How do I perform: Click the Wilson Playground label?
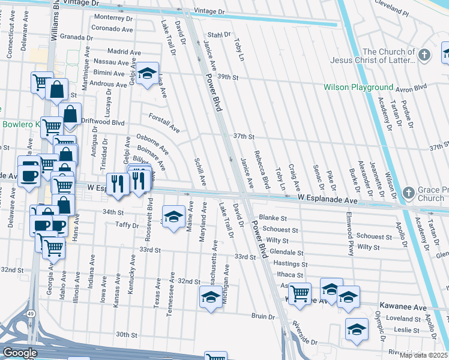358,88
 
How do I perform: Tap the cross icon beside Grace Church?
408,193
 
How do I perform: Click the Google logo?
20,353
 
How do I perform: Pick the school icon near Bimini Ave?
146,74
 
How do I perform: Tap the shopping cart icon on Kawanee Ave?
300,293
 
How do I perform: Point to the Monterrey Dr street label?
113,18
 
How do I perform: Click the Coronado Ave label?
112,28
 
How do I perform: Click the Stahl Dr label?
219,35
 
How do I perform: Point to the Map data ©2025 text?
424,355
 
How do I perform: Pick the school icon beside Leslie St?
357,329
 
